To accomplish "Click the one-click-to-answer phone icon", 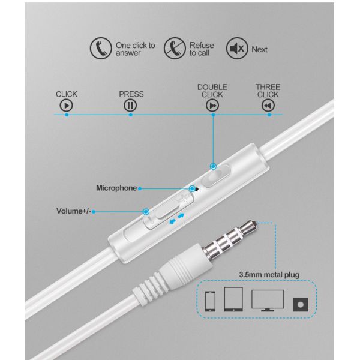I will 100,49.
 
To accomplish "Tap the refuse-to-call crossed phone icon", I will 175,49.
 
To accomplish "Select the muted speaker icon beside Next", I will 236,49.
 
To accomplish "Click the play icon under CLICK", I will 67,106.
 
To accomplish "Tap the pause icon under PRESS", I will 131,106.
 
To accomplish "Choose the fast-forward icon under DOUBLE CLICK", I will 212,106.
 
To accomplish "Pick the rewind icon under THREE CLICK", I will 268,106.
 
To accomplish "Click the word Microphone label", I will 116,188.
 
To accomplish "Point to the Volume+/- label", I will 74,211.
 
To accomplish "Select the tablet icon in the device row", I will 233,298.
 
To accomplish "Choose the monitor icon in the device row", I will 267,299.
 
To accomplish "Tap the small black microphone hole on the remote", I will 197,187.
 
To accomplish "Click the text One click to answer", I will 135,49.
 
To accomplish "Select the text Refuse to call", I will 202,49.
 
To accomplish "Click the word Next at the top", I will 260,49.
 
